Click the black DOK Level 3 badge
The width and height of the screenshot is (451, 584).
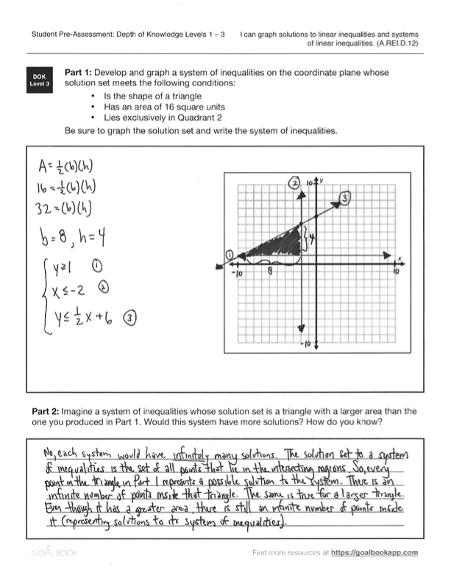pyautogui.click(x=38, y=80)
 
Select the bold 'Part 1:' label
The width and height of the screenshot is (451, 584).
pyautogui.click(x=81, y=74)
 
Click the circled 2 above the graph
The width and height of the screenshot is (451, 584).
pyautogui.click(x=295, y=182)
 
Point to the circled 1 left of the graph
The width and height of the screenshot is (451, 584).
pyautogui.click(x=230, y=254)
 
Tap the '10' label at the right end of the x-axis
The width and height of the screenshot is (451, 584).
pyautogui.click(x=396, y=271)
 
